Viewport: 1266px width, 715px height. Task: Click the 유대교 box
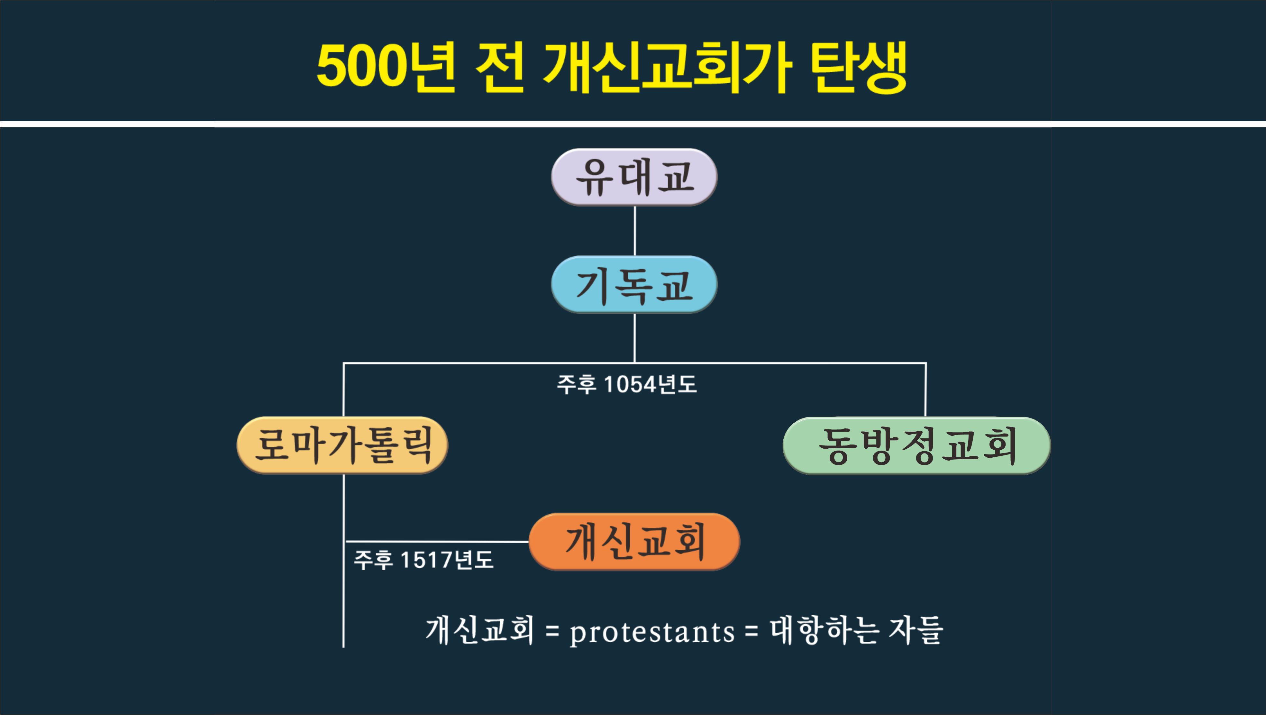[634, 177]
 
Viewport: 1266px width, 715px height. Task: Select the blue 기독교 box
[634, 285]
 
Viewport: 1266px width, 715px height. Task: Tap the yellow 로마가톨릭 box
[342, 445]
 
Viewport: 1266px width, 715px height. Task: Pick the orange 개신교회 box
[634, 542]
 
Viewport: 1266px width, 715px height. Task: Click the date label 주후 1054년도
[627, 384]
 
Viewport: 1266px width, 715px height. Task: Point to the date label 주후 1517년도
[424, 560]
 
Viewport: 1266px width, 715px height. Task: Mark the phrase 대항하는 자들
[856, 630]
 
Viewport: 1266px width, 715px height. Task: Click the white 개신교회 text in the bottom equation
[480, 630]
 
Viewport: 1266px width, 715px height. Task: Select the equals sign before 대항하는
[751, 631]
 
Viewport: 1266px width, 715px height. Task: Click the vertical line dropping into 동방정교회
[926, 390]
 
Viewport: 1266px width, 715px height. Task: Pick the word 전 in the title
[500, 67]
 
